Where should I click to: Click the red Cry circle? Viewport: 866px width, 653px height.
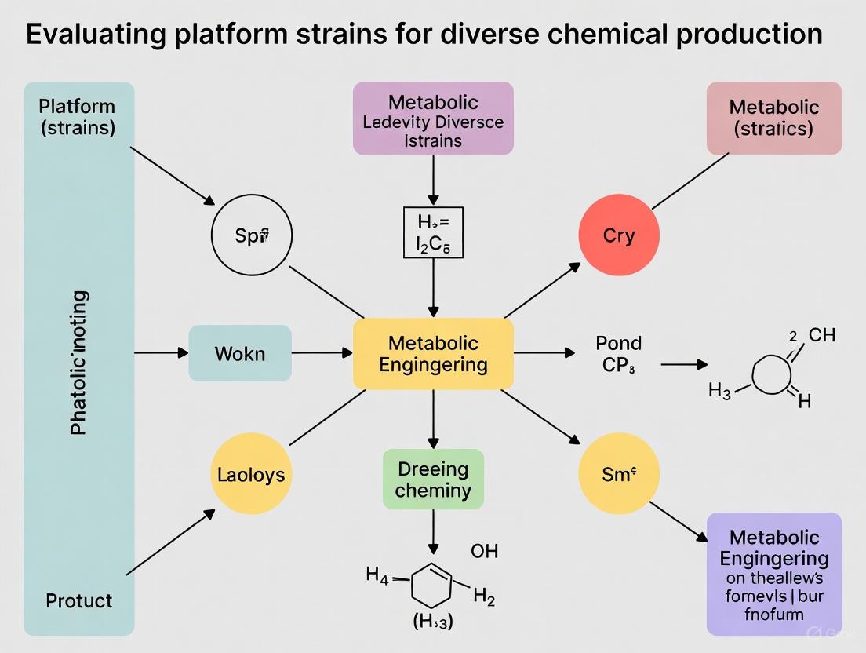click(x=618, y=235)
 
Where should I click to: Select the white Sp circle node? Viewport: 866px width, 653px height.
click(x=252, y=235)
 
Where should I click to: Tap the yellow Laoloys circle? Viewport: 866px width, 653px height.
click(x=251, y=474)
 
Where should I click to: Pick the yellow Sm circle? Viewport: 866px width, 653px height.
click(x=618, y=473)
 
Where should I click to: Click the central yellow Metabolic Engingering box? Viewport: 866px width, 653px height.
click(x=433, y=354)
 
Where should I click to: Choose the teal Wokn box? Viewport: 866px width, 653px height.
click(x=240, y=354)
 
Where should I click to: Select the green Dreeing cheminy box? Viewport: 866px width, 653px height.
click(x=433, y=480)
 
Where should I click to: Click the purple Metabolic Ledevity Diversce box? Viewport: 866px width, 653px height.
click(x=433, y=118)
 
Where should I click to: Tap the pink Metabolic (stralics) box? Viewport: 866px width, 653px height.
click(x=773, y=118)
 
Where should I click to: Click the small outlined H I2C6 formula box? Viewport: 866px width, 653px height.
click(x=433, y=232)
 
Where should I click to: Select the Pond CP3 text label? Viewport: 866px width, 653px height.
click(x=619, y=354)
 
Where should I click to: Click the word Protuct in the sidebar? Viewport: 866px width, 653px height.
click(x=78, y=601)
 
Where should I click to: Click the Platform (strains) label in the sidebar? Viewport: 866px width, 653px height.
click(x=77, y=117)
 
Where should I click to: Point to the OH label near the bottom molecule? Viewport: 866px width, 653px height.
click(x=484, y=551)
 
